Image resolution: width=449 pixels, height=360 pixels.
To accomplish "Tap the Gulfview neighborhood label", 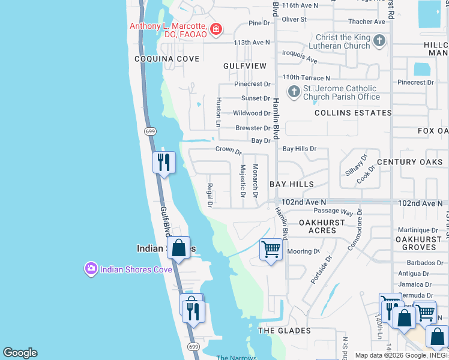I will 244,65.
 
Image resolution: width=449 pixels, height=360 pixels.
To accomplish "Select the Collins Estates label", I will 353,113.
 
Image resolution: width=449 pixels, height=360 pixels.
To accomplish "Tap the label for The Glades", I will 285,331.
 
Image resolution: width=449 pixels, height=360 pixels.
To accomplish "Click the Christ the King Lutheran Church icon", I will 379,41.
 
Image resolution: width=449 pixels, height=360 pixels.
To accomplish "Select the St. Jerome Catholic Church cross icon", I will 294,91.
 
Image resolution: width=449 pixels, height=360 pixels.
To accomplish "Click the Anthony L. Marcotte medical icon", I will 215,29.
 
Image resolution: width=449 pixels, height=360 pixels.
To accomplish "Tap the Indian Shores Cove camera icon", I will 91,269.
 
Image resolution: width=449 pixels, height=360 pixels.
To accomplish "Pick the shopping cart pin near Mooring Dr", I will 271,248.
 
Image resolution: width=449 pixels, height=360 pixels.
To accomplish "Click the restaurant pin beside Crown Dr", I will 163,162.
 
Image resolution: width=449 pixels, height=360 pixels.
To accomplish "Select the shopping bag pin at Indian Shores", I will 178,247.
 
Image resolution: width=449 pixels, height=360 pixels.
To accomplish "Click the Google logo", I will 20,353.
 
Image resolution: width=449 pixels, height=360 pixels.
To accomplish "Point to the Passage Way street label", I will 333,212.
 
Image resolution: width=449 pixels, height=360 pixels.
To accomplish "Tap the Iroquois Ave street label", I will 300,57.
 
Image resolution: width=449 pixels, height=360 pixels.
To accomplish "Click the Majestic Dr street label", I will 243,181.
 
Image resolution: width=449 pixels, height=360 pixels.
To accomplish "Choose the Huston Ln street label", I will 219,112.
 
